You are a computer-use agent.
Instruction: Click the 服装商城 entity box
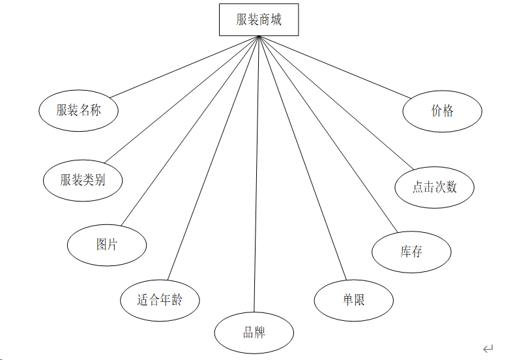tap(259, 20)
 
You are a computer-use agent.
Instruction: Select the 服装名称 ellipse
tap(78, 110)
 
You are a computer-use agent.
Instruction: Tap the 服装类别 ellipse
tap(83, 180)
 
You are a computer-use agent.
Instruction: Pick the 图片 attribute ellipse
tap(107, 245)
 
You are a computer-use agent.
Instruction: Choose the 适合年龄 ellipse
tap(160, 300)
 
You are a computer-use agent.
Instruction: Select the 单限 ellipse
tap(354, 300)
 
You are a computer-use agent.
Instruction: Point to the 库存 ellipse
tap(411, 252)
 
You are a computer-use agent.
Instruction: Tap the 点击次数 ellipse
tap(435, 187)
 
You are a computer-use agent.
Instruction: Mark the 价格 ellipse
tap(442, 111)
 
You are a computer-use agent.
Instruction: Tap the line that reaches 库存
tap(328, 134)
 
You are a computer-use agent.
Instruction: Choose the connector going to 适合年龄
tap(213, 158)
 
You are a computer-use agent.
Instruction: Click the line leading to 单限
tap(302, 158)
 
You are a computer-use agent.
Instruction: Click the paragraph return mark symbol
tap(488, 349)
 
